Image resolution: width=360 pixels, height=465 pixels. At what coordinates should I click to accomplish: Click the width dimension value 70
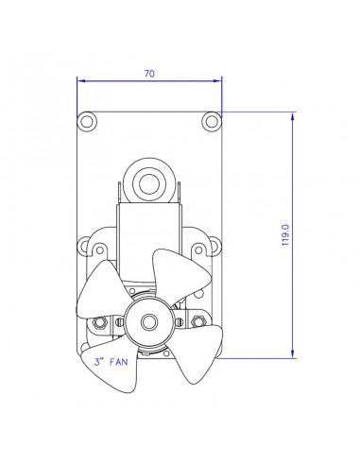(150, 73)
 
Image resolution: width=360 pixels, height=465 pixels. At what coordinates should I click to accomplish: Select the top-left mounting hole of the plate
(87, 121)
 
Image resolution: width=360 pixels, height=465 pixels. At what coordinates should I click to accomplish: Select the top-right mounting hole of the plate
(210, 121)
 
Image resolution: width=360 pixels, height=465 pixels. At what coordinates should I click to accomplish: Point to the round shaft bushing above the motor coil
(148, 179)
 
